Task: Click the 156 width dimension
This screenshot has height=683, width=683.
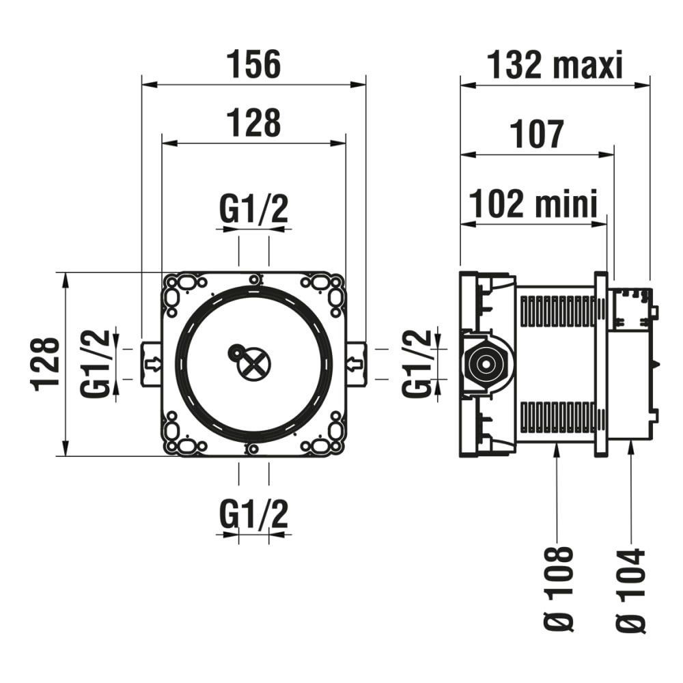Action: tap(253, 65)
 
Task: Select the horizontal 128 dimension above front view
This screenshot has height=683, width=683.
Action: tap(253, 124)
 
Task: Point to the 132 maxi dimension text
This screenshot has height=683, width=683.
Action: tap(555, 66)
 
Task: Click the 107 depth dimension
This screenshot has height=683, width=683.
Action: tap(537, 134)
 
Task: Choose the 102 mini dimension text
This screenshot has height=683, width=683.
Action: tap(534, 203)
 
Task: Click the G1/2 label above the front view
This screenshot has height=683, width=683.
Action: tap(253, 210)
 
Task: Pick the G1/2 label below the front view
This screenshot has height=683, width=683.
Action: tap(253, 515)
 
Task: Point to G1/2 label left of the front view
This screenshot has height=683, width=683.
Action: tap(95, 363)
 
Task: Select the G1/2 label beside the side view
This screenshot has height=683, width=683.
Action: tap(417, 363)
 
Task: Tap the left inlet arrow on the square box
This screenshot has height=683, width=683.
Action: tap(152, 363)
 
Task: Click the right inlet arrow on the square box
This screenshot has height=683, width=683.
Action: tap(355, 363)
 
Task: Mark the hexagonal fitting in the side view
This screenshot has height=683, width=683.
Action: tap(484, 363)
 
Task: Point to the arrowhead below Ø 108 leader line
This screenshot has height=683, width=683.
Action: tap(558, 448)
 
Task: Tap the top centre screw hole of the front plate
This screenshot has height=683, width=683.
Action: tap(254, 279)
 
